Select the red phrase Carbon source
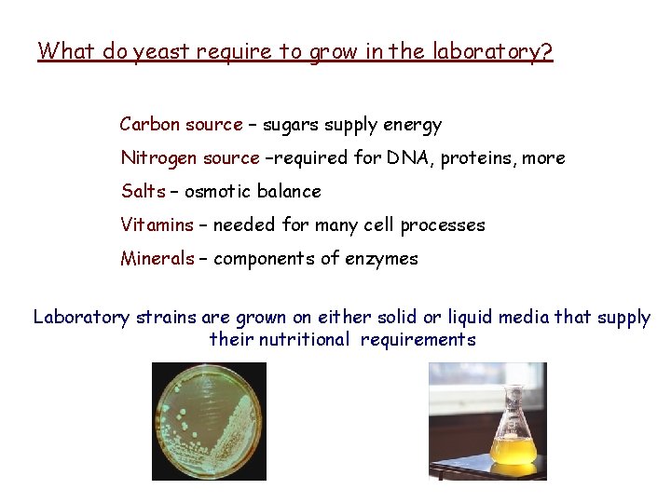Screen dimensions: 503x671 click(181, 125)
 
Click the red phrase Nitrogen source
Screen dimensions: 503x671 click(190, 158)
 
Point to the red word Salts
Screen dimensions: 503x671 click(143, 192)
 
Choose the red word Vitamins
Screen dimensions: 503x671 click(157, 225)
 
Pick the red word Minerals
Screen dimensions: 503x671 click(157, 259)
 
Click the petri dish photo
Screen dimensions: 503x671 click(209, 421)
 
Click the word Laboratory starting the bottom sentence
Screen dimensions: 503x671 click(81, 318)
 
